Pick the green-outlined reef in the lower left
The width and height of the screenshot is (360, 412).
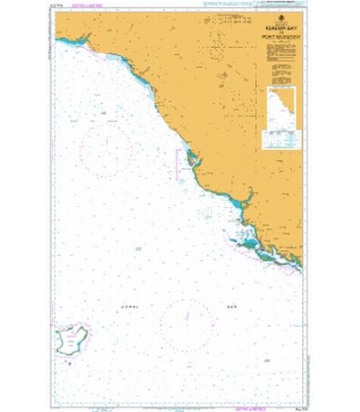[71, 342]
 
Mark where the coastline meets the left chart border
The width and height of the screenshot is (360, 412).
[56, 38]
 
